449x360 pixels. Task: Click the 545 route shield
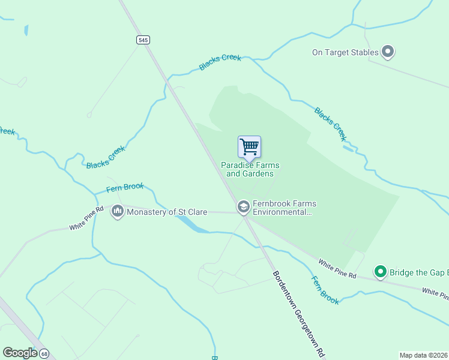[x=142, y=40]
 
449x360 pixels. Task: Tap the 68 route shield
[x=44, y=353]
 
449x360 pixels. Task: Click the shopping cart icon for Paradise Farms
[x=249, y=146]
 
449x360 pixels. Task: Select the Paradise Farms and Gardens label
[x=250, y=169]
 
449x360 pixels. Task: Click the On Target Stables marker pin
[x=388, y=52]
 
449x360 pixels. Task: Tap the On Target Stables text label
[x=345, y=52]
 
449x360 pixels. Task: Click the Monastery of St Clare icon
[x=118, y=212]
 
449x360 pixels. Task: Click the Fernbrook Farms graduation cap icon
[x=243, y=208]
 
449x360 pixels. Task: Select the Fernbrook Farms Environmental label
[x=284, y=208]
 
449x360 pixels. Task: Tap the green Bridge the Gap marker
[x=380, y=272]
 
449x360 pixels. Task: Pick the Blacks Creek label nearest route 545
[x=220, y=62]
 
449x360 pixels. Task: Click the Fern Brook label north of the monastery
[x=125, y=188]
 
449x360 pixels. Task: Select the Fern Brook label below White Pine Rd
[x=325, y=289]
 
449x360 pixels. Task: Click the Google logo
[x=20, y=353]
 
